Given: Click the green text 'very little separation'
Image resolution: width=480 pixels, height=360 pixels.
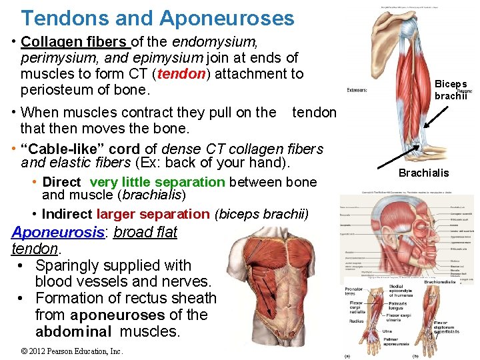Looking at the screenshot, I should pyautogui.click(x=157, y=182).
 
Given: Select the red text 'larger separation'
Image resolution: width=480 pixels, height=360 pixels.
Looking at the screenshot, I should pyautogui.click(x=153, y=214).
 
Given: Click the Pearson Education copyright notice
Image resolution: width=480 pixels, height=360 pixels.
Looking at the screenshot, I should pyautogui.click(x=71, y=351).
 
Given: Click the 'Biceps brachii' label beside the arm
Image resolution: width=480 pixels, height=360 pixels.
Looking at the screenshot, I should pyautogui.click(x=451, y=90).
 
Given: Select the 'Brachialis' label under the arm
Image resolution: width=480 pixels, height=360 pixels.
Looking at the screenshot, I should pyautogui.click(x=423, y=173).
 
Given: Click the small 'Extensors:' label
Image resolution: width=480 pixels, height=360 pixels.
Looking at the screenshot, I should pyautogui.click(x=358, y=90).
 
